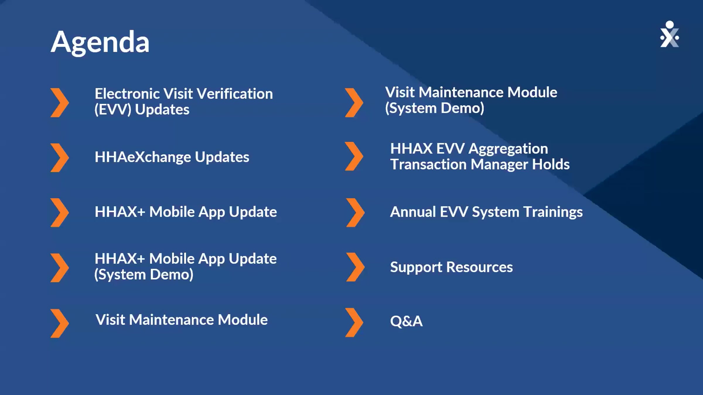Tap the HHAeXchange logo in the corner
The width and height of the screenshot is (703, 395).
(x=669, y=34)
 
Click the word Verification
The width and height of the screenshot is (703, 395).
(x=235, y=94)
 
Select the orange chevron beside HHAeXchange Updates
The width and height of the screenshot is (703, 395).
(x=60, y=157)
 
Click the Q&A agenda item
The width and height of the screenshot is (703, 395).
(x=406, y=321)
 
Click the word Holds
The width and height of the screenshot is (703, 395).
(x=551, y=164)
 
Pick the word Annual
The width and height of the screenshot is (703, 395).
(x=413, y=212)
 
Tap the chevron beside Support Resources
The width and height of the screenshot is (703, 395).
(x=355, y=267)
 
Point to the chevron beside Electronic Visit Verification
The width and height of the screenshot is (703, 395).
(x=60, y=103)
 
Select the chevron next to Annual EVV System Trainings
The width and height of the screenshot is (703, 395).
(x=355, y=212)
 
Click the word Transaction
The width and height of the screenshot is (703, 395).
(x=428, y=164)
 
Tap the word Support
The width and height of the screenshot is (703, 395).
(x=416, y=267)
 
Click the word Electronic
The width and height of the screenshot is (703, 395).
(x=127, y=94)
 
